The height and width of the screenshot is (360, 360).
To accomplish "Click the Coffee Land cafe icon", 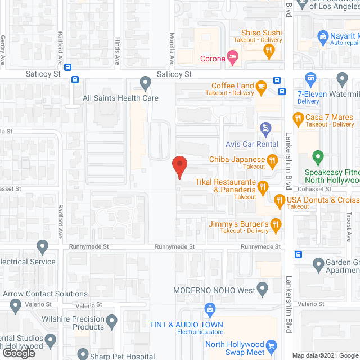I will click(x=261, y=85).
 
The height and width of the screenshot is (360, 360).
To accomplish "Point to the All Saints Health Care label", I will click(x=120, y=98).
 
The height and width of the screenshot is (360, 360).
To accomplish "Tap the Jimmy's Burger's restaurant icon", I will click(x=276, y=224).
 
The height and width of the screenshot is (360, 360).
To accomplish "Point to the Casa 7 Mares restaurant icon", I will click(x=299, y=118).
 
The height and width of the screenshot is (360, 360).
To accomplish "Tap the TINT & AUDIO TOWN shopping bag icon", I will click(x=210, y=309).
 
